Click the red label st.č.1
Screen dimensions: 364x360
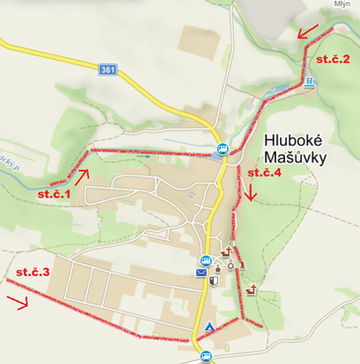(55, 195)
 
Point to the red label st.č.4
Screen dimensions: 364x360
(264, 173)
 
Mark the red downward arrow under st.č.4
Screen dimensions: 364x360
(252, 192)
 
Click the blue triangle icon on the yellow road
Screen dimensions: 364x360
(210, 327)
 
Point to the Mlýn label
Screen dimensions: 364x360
(342, 4)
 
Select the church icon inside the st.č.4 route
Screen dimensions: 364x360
(252, 288)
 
